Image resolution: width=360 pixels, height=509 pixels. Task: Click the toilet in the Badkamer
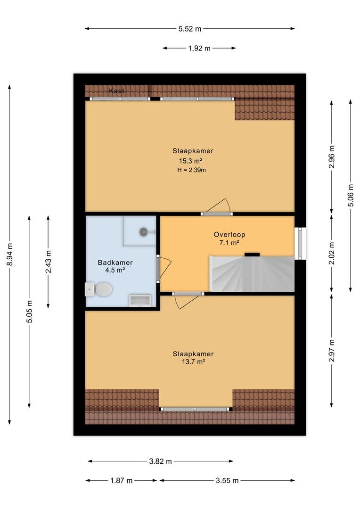[x=99, y=289]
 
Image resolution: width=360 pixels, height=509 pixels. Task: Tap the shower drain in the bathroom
[x=144, y=232]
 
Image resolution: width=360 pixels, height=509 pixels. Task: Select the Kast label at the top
[x=116, y=91]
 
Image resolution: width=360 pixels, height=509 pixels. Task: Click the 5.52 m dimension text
[x=190, y=29]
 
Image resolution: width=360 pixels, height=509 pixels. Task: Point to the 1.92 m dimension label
[x=199, y=49]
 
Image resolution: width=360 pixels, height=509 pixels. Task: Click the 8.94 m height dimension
[x=10, y=254]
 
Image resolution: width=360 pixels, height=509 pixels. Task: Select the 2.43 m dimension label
[x=49, y=262]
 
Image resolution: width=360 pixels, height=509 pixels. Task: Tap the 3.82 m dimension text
[x=160, y=461]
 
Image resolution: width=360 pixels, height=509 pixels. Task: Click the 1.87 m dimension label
[x=122, y=480]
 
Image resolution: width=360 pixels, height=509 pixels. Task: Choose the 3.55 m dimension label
[x=227, y=480]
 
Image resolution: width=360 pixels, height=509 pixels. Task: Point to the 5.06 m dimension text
[x=351, y=195]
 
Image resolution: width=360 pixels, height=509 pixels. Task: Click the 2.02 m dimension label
[x=332, y=253]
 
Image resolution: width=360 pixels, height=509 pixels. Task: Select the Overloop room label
[x=229, y=234]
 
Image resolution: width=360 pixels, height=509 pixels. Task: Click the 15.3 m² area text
[x=191, y=161]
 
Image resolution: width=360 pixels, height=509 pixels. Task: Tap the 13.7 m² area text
[x=193, y=361]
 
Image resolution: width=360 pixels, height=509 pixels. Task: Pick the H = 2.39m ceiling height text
[x=191, y=170]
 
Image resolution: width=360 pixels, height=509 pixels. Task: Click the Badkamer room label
[x=115, y=263]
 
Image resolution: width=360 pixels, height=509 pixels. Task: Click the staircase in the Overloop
[x=252, y=274]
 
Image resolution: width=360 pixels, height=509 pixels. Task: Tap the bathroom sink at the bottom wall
[x=140, y=301]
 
